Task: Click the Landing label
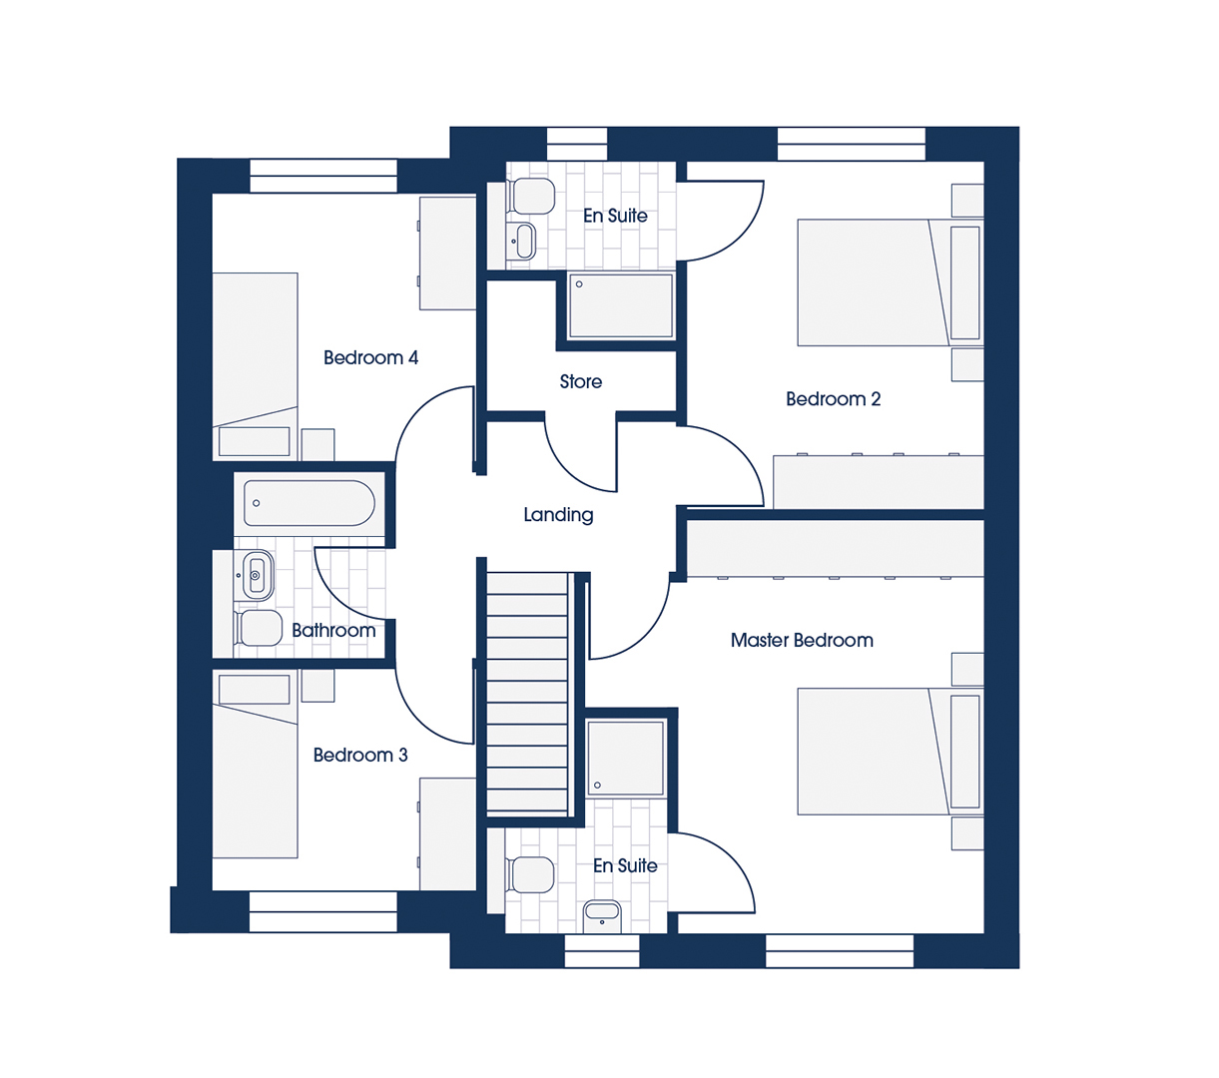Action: point(558,514)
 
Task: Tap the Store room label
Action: point(581,381)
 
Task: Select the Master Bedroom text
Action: point(802,640)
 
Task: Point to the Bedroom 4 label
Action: point(370,358)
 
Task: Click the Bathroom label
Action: point(333,631)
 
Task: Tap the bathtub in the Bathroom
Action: point(309,503)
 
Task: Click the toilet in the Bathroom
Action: point(259,628)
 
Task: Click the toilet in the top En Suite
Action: point(530,196)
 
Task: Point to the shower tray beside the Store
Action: point(621,305)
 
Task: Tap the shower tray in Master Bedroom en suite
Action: point(626,759)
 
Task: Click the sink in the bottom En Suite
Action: point(602,916)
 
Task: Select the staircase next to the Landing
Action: point(527,694)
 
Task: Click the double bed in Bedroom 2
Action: point(891,282)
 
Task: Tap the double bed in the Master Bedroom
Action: point(891,752)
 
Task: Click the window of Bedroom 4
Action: point(323,176)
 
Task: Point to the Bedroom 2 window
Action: point(852,144)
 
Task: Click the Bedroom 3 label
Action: point(360,755)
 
